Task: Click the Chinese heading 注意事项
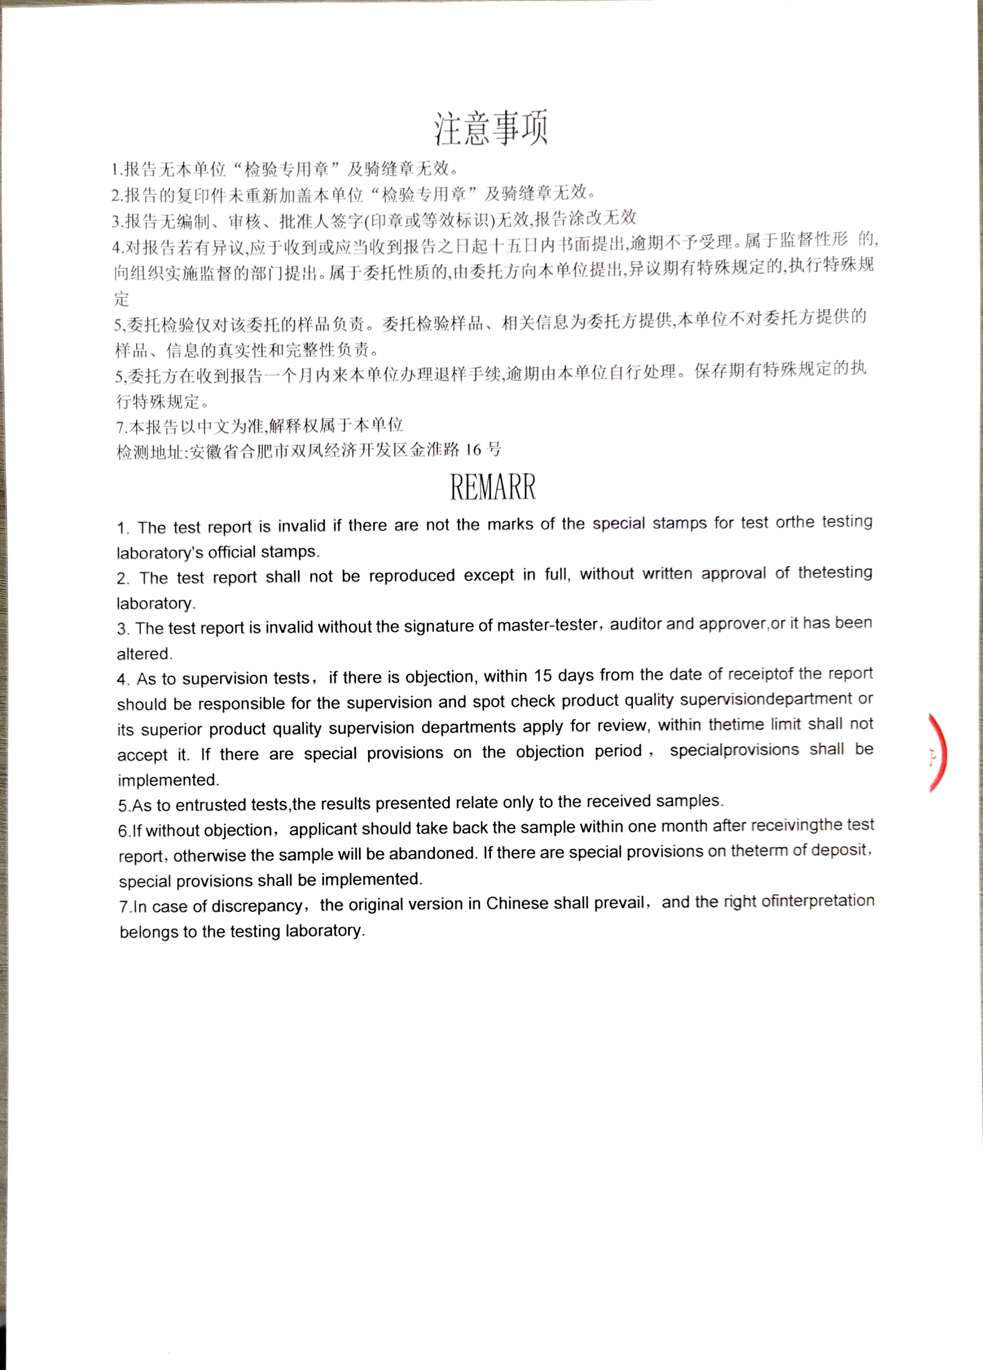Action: [x=491, y=129]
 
